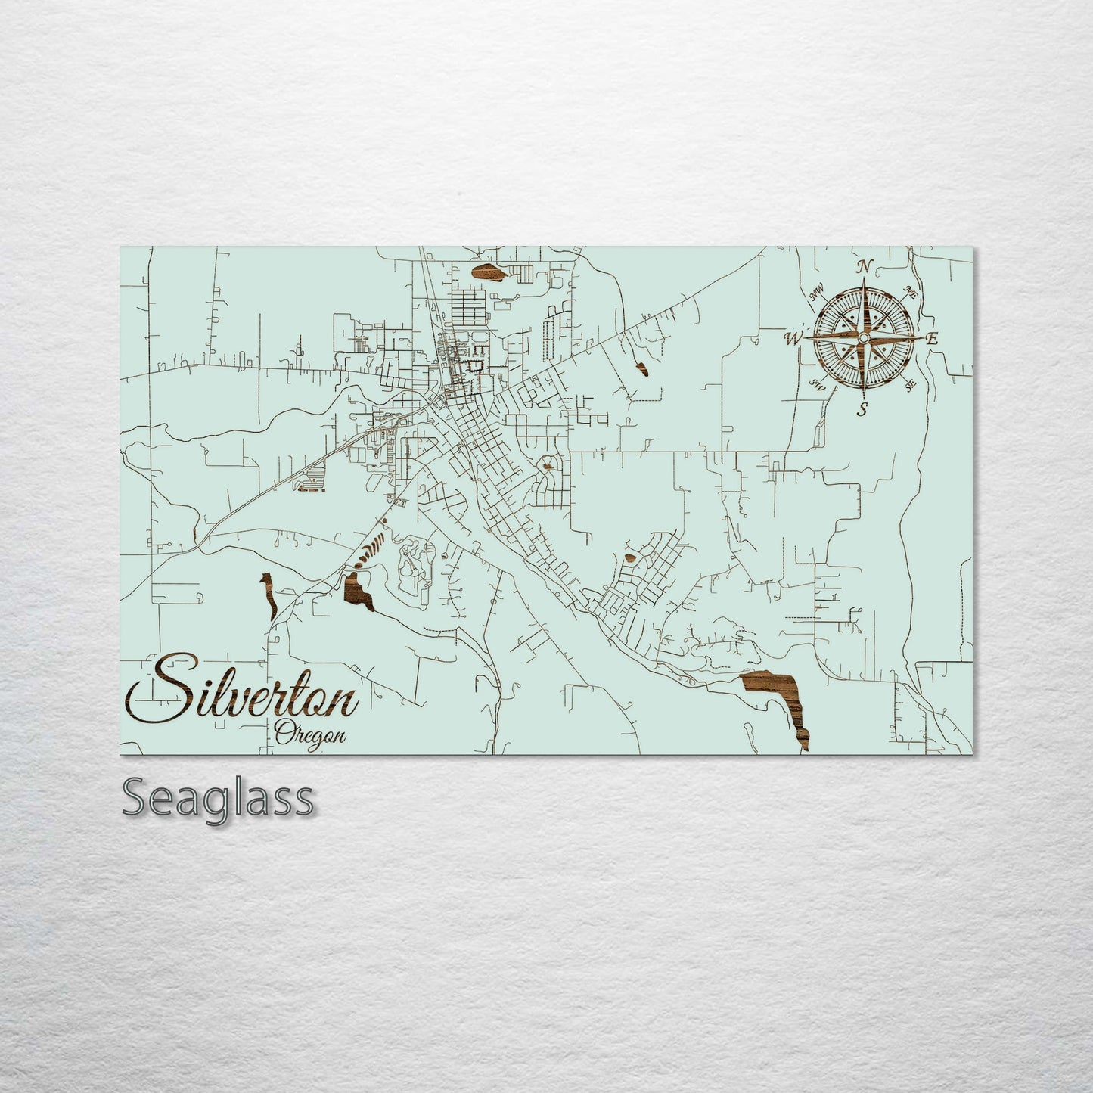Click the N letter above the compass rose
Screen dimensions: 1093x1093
pos(863,266)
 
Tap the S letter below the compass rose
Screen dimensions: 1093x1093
pos(862,410)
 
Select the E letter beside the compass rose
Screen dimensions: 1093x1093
pos(932,339)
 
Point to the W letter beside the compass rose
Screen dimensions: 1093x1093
pos(793,338)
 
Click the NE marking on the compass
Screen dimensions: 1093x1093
pos(911,292)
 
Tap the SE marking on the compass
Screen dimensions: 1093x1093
pos(910,385)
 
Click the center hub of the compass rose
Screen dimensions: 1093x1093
pos(862,338)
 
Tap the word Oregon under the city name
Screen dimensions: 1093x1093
pos(311,733)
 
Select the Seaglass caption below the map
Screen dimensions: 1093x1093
pos(217,798)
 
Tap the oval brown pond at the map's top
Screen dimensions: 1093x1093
pos(486,273)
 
